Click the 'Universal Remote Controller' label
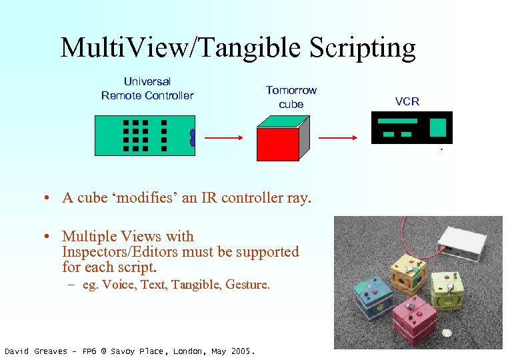tap(147, 89)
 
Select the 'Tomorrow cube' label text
tap(291, 97)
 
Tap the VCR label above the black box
tap(407, 101)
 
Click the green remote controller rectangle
tap(144, 135)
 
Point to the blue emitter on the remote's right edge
tap(192, 138)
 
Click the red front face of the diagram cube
tap(277, 144)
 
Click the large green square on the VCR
tap(437, 127)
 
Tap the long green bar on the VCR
tap(397, 121)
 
